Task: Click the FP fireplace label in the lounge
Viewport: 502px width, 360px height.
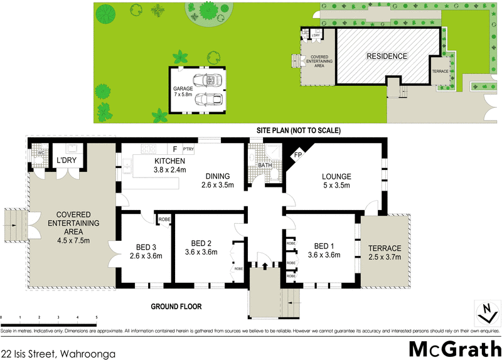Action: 298,155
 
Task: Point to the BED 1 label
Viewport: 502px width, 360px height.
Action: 324,245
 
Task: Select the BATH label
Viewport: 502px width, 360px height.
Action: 256,165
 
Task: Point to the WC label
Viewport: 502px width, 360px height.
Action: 40,152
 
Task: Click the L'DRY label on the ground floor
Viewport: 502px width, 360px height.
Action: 66,161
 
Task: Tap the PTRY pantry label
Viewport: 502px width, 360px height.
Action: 189,149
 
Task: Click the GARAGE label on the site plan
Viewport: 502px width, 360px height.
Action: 183,88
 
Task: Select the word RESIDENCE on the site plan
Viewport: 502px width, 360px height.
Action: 387,56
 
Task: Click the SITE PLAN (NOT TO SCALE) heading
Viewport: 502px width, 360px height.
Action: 298,130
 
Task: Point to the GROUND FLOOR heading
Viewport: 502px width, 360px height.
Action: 174,307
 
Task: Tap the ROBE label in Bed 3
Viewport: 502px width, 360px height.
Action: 164,220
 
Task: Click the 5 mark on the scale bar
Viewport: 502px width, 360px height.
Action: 96,318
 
